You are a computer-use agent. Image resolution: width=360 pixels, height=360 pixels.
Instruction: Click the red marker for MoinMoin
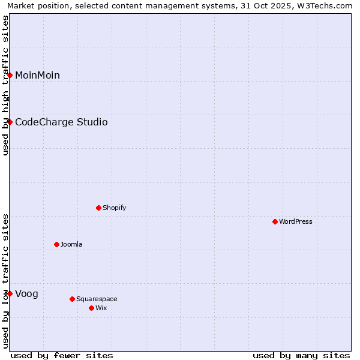pyautogui.click(x=10, y=75)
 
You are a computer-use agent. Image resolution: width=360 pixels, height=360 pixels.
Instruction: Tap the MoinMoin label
pyautogui.click(x=37, y=75)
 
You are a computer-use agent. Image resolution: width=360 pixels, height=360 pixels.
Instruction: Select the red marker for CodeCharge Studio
pyautogui.click(x=10, y=122)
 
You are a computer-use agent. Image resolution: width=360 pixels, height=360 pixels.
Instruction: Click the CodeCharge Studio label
pyautogui.click(x=61, y=122)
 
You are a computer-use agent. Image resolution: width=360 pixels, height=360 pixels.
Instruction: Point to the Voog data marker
pyautogui.click(x=10, y=293)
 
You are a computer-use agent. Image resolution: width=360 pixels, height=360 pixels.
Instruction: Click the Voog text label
pyautogui.click(x=26, y=294)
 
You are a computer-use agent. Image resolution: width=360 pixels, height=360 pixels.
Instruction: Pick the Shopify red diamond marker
pyautogui.click(x=99, y=208)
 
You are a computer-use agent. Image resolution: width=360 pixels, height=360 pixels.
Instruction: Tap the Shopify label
pyautogui.click(x=114, y=208)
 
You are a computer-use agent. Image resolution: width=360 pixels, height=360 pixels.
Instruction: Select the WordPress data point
pyautogui.click(x=275, y=221)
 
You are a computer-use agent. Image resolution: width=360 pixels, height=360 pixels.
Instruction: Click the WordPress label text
pyautogui.click(x=296, y=222)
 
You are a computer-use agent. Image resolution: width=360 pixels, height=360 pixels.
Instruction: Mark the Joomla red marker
pyautogui.click(x=57, y=244)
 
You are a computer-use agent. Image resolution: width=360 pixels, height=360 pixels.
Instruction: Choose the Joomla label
pyautogui.click(x=71, y=245)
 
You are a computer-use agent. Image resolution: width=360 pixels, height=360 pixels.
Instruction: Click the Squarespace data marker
pyautogui.click(x=73, y=299)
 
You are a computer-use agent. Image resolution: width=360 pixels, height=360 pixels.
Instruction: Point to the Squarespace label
pyautogui.click(x=97, y=299)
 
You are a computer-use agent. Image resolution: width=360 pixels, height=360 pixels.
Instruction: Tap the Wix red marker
pyautogui.click(x=92, y=308)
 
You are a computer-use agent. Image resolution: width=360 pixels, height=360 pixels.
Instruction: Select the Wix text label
pyautogui.click(x=101, y=308)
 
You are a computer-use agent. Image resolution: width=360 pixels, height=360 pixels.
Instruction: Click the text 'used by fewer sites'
pyautogui.click(x=62, y=355)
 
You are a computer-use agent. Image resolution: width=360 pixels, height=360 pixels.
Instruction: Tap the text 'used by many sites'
pyautogui.click(x=301, y=355)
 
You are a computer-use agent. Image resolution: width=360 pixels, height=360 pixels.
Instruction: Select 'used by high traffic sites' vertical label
pyautogui.click(x=5, y=85)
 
